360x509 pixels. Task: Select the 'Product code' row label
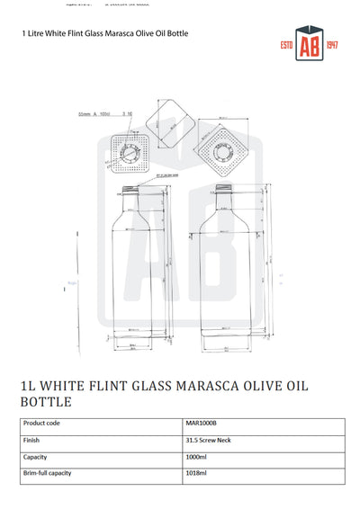pos(42,422)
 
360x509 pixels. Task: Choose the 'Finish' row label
pos(31,440)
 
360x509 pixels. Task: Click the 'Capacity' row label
pos(35,457)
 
